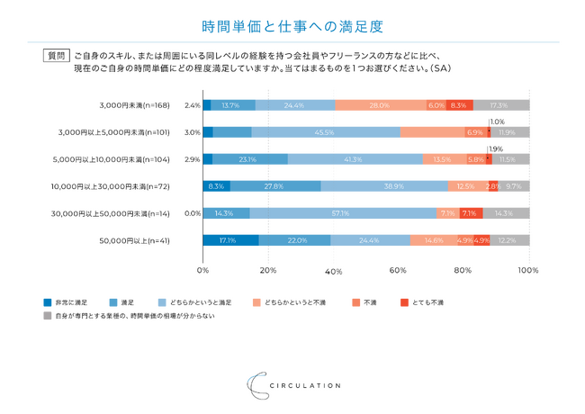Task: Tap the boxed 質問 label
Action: (57, 55)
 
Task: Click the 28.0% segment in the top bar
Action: (379, 105)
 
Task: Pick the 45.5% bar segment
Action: (325, 132)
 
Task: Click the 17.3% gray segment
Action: (500, 105)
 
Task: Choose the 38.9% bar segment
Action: (383, 186)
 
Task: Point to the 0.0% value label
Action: (192, 213)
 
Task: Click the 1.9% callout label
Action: (496, 148)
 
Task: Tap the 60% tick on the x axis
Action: (399, 270)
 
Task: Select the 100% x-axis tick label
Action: (528, 270)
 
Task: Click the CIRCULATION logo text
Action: (306, 385)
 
